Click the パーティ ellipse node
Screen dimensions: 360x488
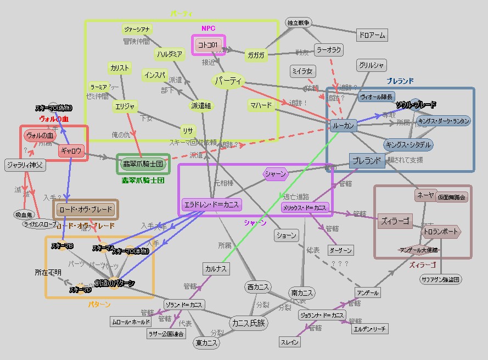(228, 81)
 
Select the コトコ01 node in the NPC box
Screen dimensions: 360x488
(209, 45)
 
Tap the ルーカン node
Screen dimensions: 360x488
(344, 126)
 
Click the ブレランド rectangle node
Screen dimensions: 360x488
(367, 161)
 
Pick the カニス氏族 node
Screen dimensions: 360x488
(248, 323)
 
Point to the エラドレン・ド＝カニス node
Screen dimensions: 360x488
(211, 205)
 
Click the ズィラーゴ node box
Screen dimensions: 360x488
(395, 221)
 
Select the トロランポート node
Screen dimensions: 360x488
(441, 232)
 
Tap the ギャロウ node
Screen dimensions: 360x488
(71, 150)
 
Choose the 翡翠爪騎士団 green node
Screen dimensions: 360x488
(142, 164)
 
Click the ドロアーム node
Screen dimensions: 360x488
(372, 35)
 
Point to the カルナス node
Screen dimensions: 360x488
(215, 269)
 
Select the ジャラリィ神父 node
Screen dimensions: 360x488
(25, 165)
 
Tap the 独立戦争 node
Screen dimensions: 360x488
(299, 22)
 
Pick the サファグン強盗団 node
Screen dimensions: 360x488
(440, 279)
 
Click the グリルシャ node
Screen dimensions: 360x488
(372, 65)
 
